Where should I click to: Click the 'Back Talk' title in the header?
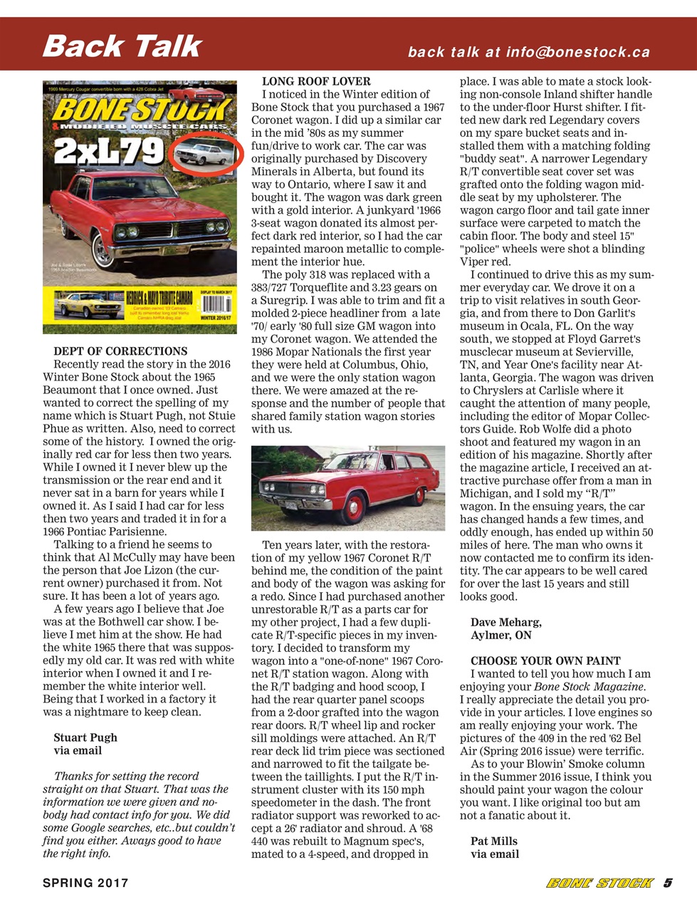coord(122,46)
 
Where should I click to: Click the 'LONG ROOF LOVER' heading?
coord(316,81)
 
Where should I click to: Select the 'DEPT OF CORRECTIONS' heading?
coord(120,351)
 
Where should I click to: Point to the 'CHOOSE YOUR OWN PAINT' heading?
coord(545,660)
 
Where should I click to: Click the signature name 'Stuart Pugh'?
coord(85,737)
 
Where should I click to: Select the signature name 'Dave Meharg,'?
coord(505,622)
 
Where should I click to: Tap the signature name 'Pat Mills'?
coord(493,841)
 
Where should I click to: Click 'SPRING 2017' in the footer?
coord(85,883)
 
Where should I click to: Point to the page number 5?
coord(667,883)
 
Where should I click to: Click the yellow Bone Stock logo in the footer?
coord(599,883)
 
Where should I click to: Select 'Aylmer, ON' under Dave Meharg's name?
coord(501,635)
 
